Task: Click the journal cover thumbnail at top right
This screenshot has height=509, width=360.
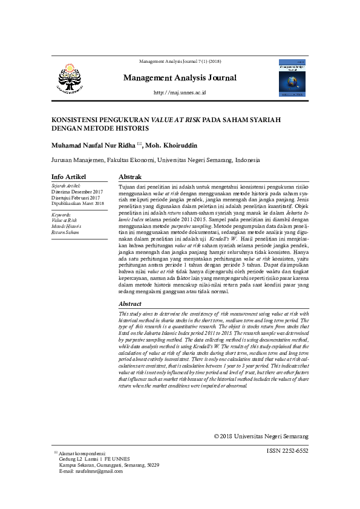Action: [x=292, y=77]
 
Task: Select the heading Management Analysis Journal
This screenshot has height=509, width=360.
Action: [x=180, y=78]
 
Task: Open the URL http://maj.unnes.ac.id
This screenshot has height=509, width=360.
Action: [x=180, y=92]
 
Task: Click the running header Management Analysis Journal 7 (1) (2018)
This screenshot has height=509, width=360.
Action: [x=180, y=62]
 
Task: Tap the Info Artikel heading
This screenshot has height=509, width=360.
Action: [x=70, y=176]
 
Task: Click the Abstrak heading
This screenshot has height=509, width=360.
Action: [x=130, y=176]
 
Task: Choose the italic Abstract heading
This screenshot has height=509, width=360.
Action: [x=130, y=304]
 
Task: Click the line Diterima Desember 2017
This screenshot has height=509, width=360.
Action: [x=77, y=192]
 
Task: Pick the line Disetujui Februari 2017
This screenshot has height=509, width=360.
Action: [x=76, y=198]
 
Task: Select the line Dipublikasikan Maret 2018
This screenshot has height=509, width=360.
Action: [x=78, y=204]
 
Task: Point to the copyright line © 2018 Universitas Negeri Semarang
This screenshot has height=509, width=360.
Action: [x=261, y=436]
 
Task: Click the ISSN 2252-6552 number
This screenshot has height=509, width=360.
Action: [x=287, y=451]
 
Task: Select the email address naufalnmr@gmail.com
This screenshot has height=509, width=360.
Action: [x=96, y=471]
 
